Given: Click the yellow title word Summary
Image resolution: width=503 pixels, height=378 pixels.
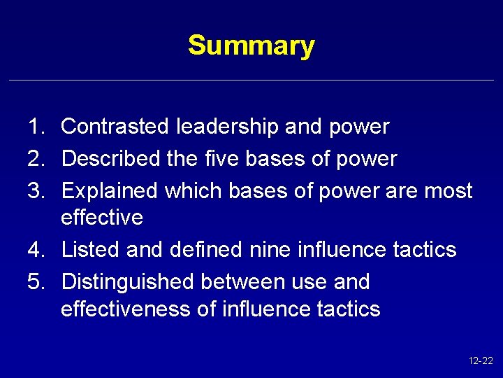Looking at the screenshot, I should pos(251,45).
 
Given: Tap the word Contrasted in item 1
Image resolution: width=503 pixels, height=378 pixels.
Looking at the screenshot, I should pos(115,127).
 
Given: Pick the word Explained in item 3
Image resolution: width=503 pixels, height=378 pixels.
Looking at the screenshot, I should pos(110,191).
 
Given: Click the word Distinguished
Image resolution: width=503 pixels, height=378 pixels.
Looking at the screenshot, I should pos(128,282).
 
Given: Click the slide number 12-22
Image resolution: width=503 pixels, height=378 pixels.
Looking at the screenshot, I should pos(481,361).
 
